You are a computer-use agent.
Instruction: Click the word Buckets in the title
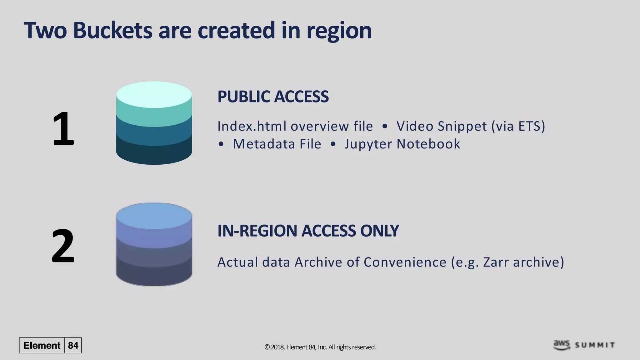112,31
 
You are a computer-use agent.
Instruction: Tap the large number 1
63,129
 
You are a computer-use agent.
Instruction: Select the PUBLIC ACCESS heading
273,97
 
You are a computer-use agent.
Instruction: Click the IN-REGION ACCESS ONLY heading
308,231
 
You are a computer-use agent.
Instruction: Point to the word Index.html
252,126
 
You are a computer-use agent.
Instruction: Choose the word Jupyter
368,144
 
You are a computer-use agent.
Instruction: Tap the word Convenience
405,262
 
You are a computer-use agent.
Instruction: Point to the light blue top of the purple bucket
154,216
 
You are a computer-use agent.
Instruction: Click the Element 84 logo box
50,345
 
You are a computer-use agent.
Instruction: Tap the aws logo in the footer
562,345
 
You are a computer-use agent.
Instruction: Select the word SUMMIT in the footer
595,345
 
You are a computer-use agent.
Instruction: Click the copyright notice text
320,347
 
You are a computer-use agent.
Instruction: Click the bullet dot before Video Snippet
385,126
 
